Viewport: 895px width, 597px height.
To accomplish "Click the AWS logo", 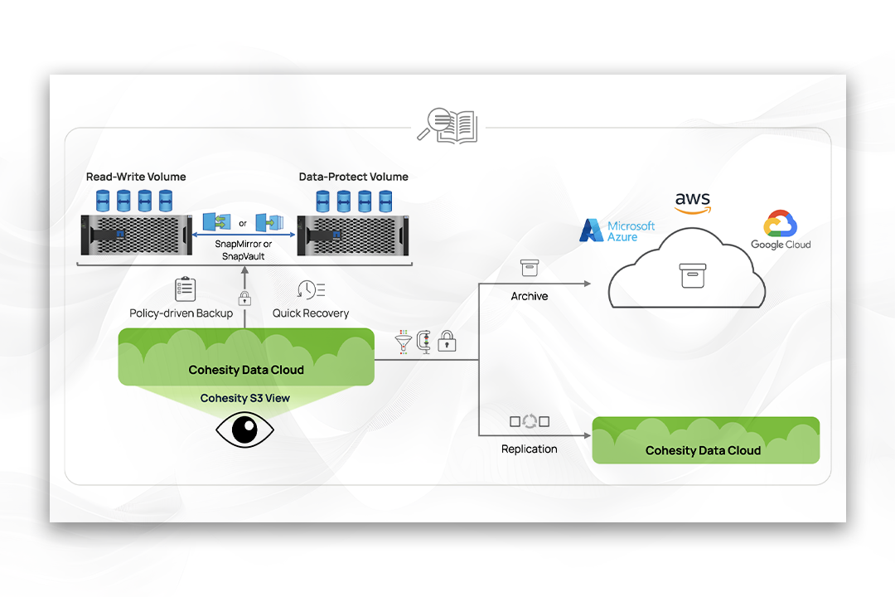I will coord(692,202).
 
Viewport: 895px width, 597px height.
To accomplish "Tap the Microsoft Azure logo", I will coord(617,231).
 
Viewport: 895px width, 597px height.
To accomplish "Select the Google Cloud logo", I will coord(781,231).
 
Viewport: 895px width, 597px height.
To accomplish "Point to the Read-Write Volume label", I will coord(136,177).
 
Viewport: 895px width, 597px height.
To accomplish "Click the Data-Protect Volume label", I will coord(353,177).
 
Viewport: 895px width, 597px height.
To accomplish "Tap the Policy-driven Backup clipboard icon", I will coord(185,289).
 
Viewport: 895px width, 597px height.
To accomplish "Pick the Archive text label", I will coord(530,296).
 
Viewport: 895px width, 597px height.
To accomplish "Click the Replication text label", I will coord(530,449).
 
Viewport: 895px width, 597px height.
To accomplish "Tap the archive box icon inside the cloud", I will coord(692,275).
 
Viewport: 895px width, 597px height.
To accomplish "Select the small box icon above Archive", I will coord(530,268).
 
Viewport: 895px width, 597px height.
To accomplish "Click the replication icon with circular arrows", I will coord(530,421).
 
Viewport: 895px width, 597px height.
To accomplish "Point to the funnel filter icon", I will coord(404,341).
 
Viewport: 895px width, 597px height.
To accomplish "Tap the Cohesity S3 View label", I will coord(245,398).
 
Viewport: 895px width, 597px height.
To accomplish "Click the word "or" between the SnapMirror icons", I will coord(243,223).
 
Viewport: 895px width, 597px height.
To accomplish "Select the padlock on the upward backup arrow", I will coord(244,298).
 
